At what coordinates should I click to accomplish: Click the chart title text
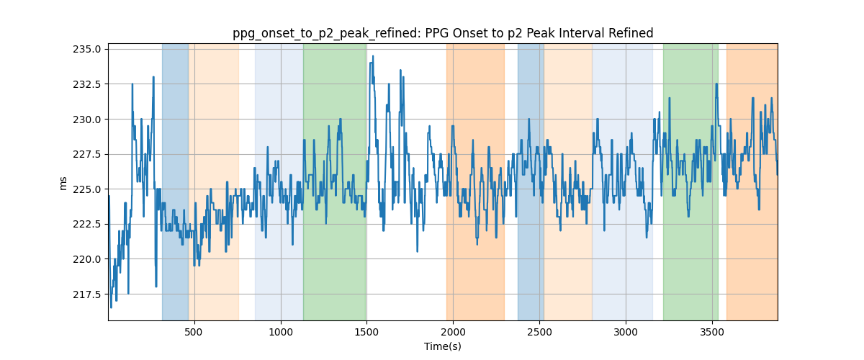(x=443, y=33)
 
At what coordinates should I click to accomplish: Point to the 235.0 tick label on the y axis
(x=87, y=50)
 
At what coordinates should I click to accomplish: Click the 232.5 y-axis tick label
(x=87, y=84)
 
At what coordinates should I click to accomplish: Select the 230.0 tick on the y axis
(x=87, y=120)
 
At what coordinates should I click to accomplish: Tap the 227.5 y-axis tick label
(x=87, y=154)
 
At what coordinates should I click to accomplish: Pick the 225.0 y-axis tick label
(x=87, y=189)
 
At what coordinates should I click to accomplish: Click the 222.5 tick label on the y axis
(x=87, y=224)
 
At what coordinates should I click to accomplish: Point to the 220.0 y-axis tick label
(x=87, y=259)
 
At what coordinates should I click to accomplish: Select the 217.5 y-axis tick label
(x=87, y=294)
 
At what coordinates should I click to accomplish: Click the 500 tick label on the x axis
(x=194, y=332)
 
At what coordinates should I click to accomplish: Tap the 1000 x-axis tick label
(x=280, y=332)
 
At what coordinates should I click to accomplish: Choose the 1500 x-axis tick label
(x=366, y=332)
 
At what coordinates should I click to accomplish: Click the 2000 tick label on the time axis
(x=453, y=332)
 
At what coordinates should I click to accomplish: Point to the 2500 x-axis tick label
(x=539, y=332)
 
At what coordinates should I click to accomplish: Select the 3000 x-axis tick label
(x=626, y=332)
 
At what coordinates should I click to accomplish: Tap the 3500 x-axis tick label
(x=712, y=332)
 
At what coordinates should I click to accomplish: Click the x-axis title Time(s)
(x=443, y=346)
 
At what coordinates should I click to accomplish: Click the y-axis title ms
(x=63, y=184)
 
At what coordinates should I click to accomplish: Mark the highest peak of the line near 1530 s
(x=373, y=56)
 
